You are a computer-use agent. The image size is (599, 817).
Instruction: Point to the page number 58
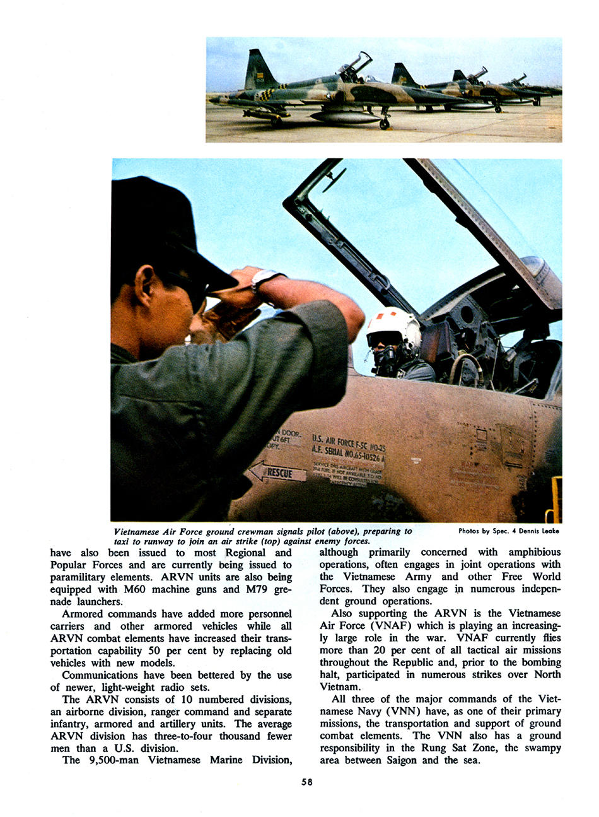(x=307, y=782)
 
